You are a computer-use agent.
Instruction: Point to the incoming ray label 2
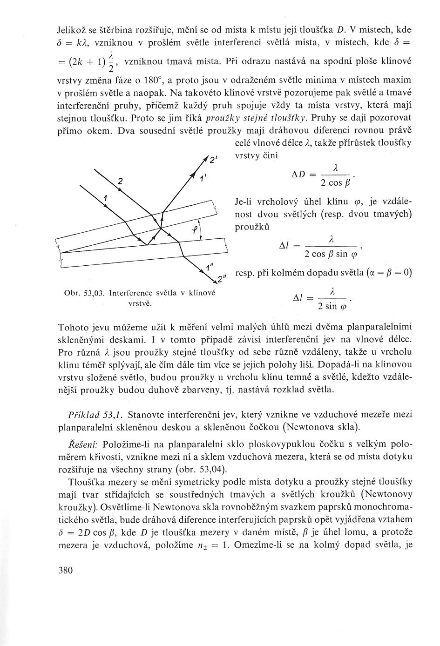coord(120,181)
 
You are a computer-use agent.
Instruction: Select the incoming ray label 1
coord(106,198)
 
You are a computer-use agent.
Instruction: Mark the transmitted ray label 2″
coord(221,280)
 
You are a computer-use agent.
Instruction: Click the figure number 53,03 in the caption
coord(94,293)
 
